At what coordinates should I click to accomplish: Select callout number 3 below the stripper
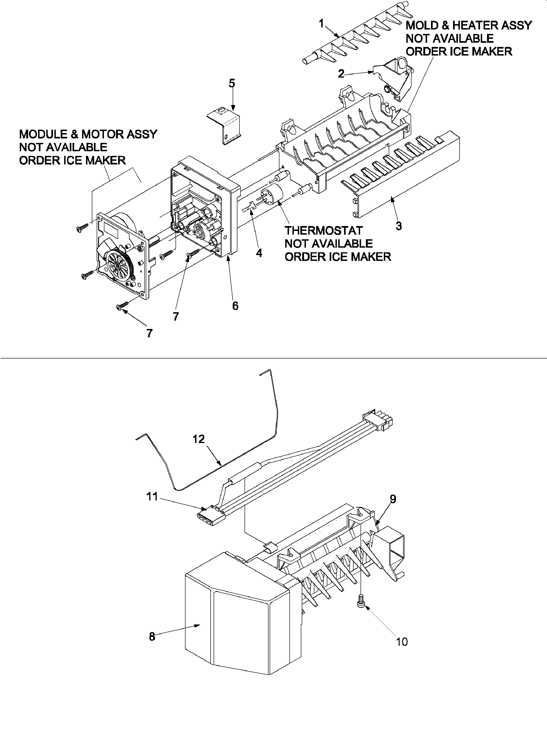point(399,226)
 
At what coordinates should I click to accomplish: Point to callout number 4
point(259,253)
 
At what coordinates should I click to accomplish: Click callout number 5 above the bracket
point(232,83)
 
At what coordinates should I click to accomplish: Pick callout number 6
point(235,306)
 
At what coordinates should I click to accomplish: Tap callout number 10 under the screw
point(402,642)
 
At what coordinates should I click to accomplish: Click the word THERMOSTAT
point(323,230)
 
